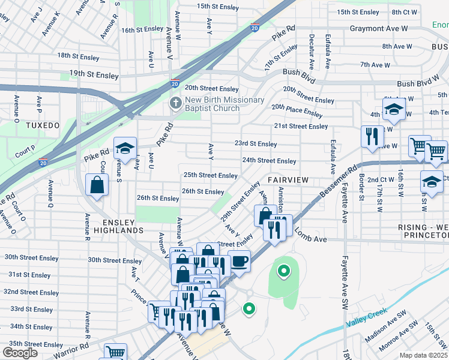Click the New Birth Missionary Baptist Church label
225,104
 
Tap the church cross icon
176,103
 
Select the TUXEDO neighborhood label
43,125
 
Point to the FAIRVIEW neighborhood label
288,180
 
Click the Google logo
20,353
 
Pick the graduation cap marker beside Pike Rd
125,148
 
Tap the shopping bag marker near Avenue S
97,186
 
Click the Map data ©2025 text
423,355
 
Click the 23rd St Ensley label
255,144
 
